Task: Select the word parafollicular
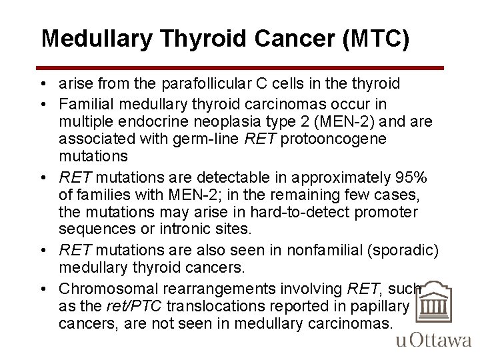coord(203,83)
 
